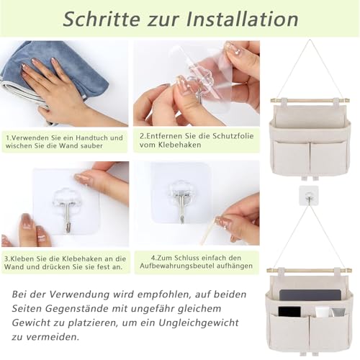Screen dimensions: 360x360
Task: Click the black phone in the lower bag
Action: point(289,312)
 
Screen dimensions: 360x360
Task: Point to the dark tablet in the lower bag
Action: point(296,295)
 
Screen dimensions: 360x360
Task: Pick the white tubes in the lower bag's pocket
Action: point(323,312)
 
